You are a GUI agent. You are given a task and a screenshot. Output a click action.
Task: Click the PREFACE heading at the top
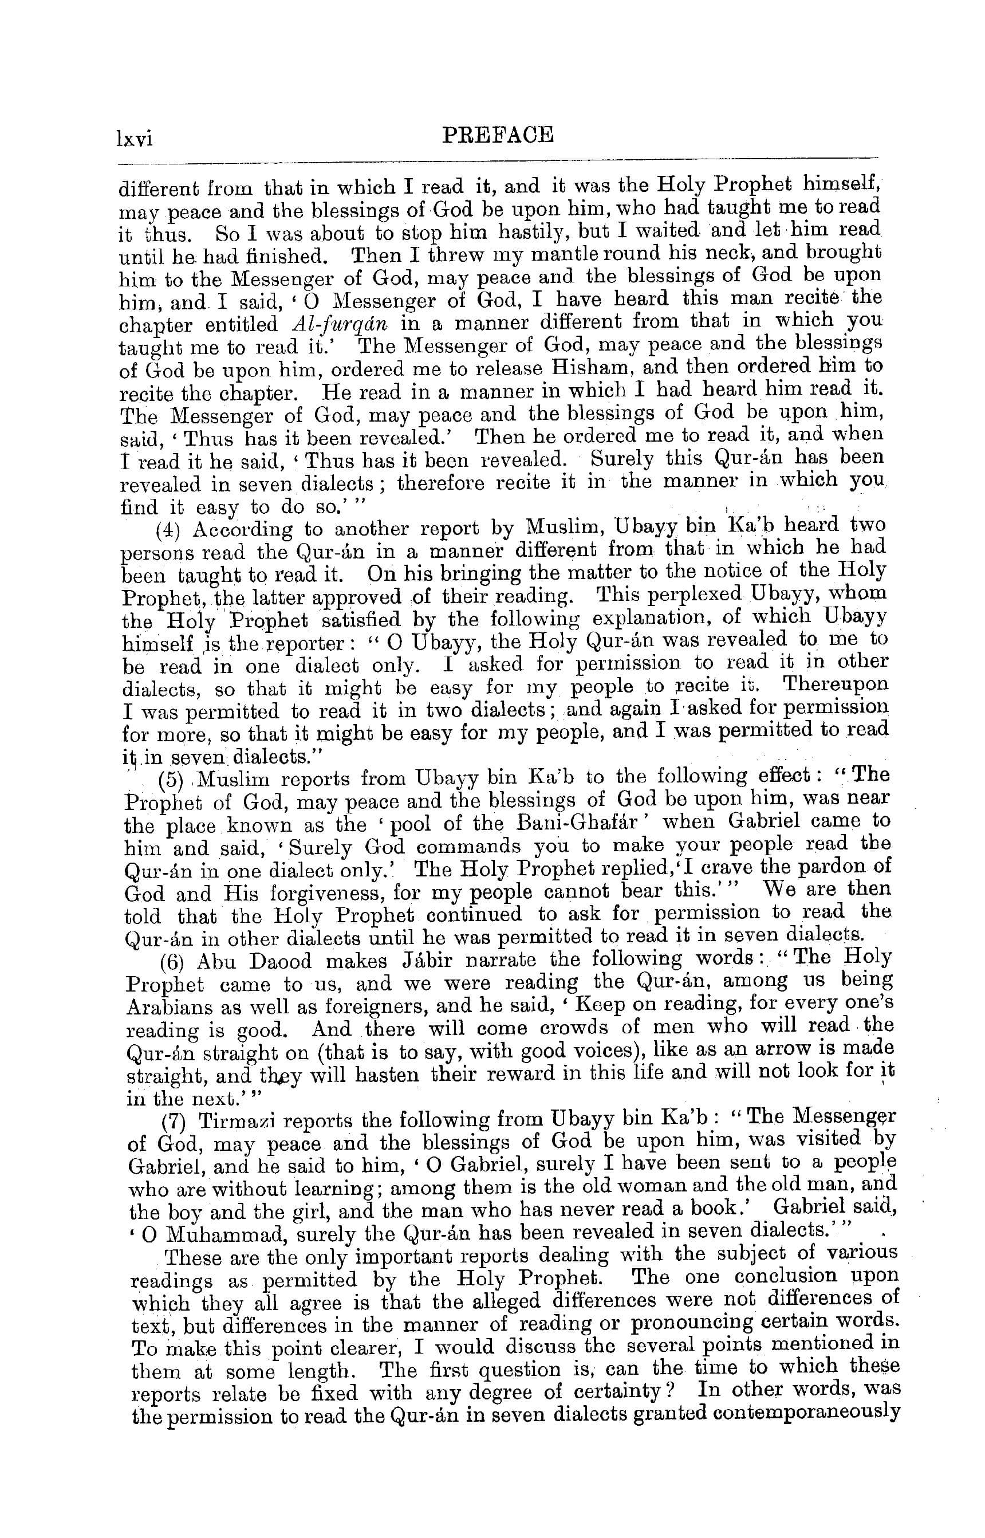pos(498,135)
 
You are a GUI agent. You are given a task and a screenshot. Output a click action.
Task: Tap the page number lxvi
pos(135,138)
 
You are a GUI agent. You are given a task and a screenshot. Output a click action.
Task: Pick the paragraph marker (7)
pos(174,1122)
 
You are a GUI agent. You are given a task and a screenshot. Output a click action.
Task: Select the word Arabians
pos(168,1007)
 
